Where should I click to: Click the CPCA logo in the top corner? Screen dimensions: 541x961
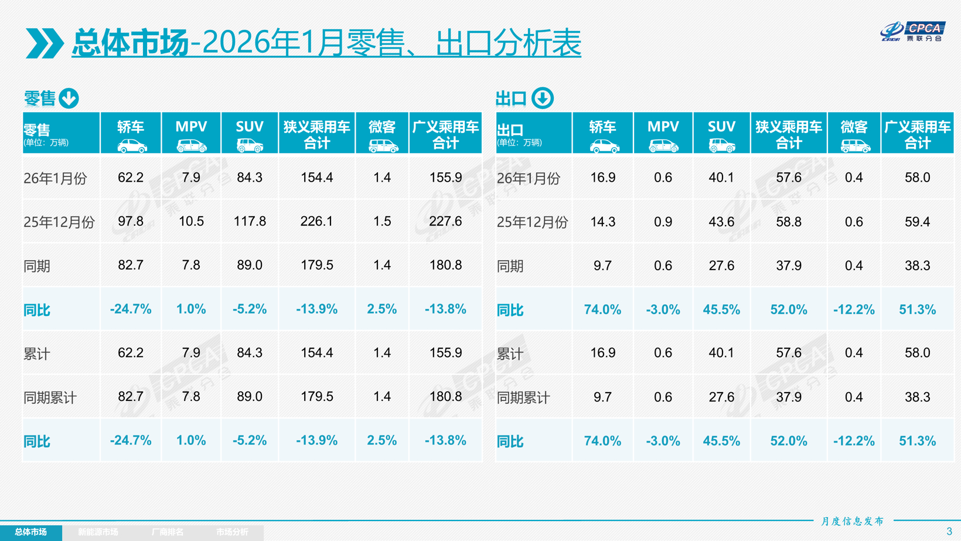[x=912, y=32]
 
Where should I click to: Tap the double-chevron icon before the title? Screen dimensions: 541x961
[x=45, y=43]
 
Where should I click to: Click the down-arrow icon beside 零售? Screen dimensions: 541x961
[x=69, y=98]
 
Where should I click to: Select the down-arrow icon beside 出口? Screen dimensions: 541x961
[x=543, y=98]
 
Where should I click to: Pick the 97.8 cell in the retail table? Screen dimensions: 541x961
[x=131, y=222]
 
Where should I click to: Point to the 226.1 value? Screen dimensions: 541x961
[x=316, y=222]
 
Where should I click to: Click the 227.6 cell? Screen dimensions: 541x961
[x=445, y=222]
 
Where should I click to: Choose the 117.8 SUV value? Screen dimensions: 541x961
[x=250, y=222]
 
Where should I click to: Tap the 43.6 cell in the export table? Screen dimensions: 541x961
[x=721, y=222]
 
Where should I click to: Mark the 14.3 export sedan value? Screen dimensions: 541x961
[x=602, y=222]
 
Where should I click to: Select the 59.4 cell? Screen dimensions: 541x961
[x=917, y=222]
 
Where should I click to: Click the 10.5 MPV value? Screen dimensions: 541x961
[x=191, y=222]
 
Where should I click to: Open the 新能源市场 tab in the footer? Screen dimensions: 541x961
[x=98, y=532]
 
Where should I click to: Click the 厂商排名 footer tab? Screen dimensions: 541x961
[x=168, y=532]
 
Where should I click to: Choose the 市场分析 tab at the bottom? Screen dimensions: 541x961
[x=232, y=532]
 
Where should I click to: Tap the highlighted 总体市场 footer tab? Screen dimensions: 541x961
[x=30, y=532]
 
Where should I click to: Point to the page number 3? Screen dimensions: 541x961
[x=949, y=532]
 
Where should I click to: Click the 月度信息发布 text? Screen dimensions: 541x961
[x=852, y=521]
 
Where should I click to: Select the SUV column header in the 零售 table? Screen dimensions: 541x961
[x=250, y=133]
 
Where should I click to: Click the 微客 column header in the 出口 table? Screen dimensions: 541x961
[x=854, y=133]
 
